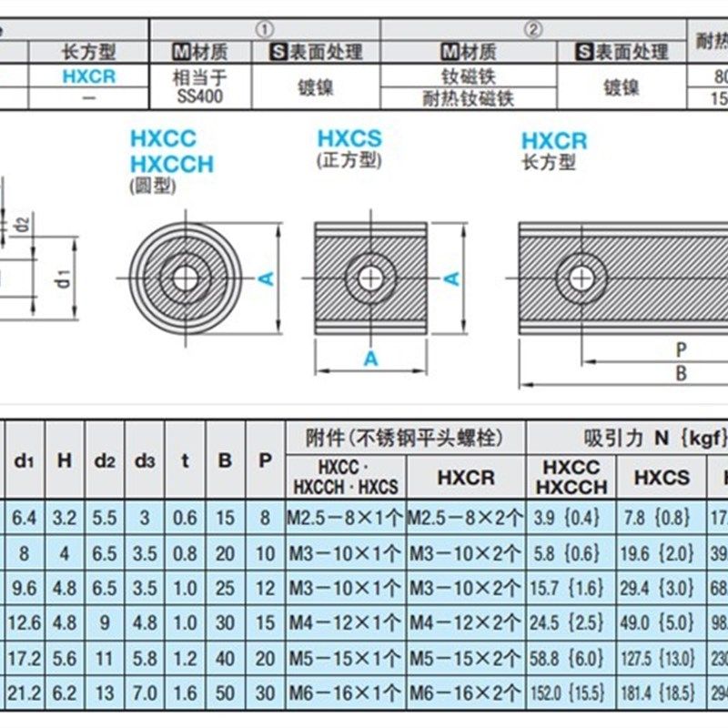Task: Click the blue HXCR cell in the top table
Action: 88,76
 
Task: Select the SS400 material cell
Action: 197,86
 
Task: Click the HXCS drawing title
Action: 349,139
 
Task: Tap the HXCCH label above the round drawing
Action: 171,165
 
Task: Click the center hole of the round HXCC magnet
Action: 186,278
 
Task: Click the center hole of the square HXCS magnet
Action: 370,278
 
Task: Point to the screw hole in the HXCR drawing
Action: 581,278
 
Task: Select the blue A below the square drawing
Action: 370,359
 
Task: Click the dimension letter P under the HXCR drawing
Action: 681,349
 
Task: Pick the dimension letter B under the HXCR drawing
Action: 681,373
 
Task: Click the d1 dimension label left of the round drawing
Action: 63,278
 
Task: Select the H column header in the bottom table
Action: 64,460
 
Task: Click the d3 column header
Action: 145,460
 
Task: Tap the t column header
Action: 185,460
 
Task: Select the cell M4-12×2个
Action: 465,623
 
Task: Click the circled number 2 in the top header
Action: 532,29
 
